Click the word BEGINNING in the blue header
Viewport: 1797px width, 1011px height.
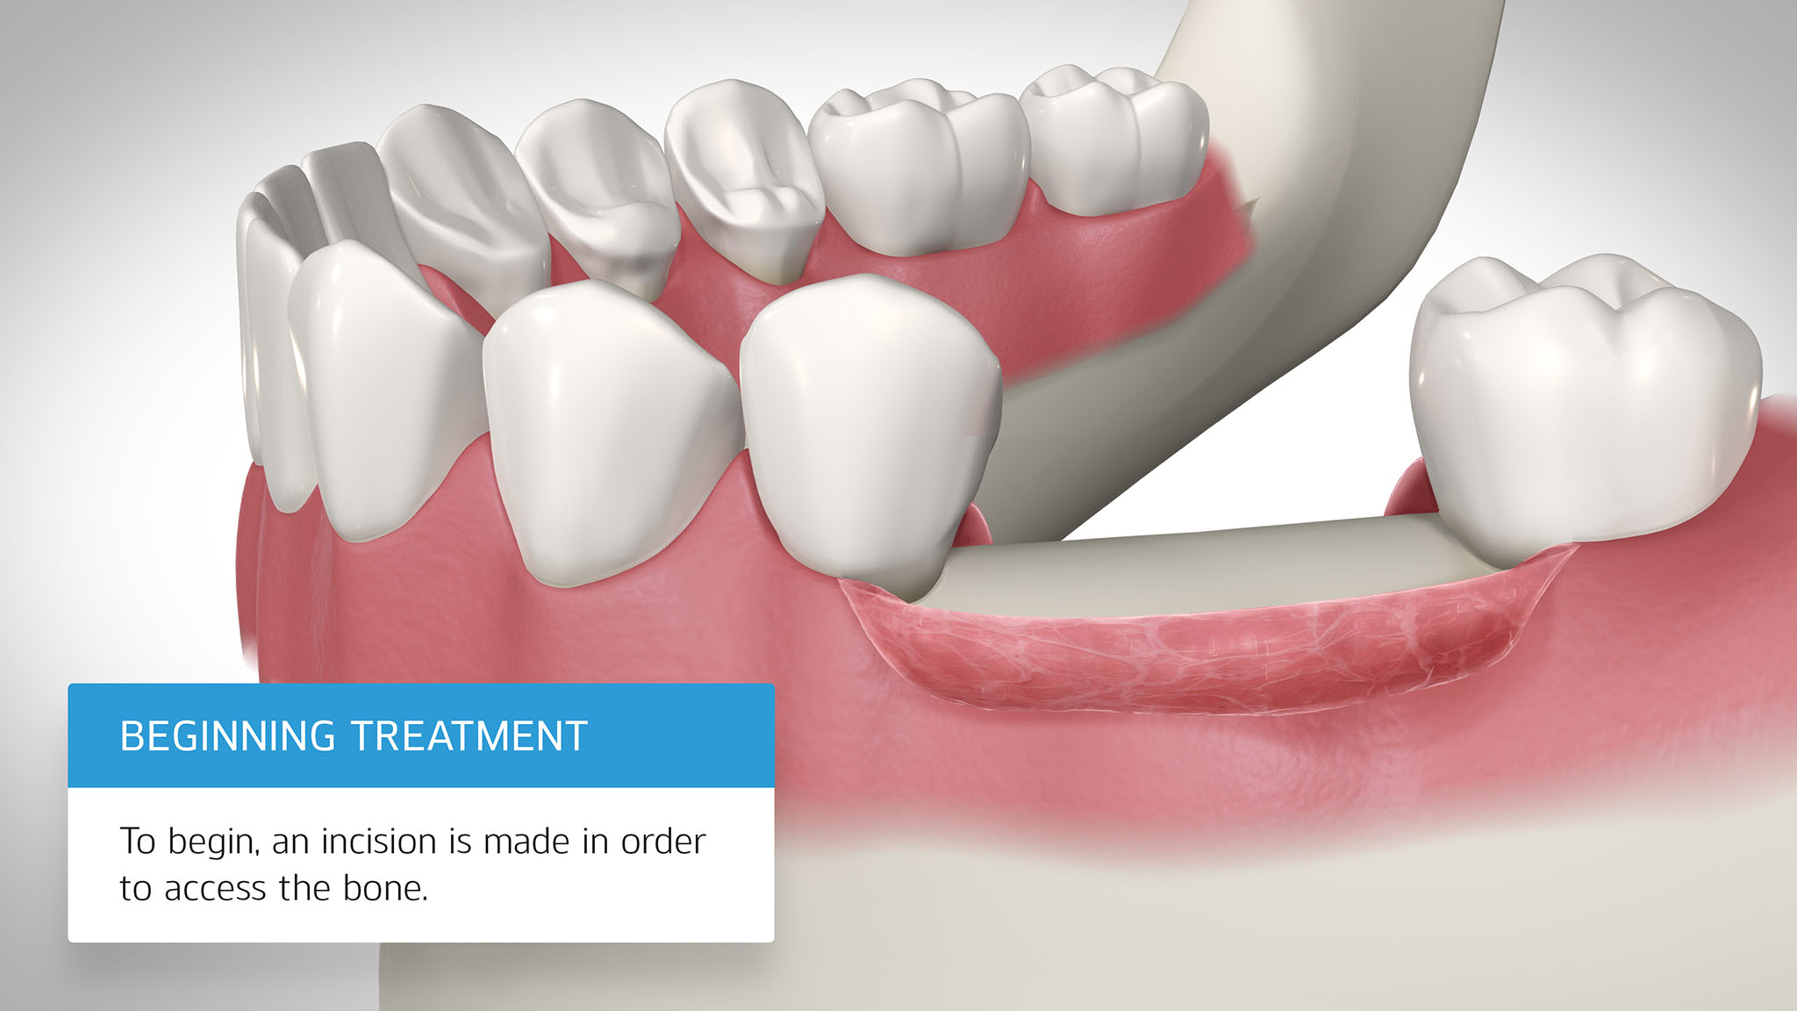point(227,736)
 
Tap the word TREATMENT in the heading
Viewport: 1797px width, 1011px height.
point(469,736)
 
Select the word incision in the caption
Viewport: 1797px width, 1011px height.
point(379,841)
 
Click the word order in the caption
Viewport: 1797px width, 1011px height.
point(663,841)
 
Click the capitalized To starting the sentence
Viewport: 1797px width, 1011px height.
point(138,841)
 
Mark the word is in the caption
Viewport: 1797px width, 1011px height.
point(461,841)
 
